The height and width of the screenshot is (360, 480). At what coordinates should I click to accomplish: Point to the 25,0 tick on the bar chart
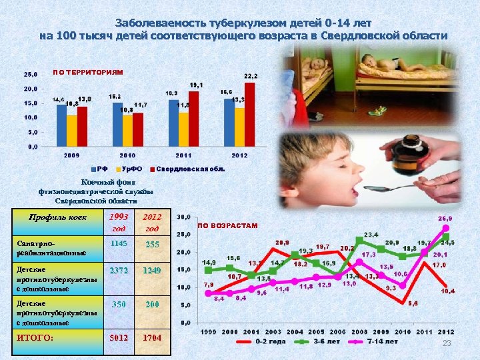[31, 75]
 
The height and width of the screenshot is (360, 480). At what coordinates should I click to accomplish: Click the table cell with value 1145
[119, 244]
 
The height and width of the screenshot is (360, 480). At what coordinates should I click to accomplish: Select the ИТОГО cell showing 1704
[153, 338]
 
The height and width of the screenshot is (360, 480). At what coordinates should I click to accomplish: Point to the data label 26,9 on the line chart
[445, 219]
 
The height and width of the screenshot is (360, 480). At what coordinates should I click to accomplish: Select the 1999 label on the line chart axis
[208, 332]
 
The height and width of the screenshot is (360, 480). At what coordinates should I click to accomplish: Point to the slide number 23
[447, 343]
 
